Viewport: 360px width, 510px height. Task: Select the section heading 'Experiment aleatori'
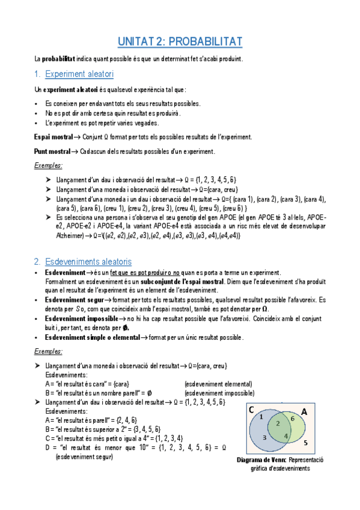(79, 74)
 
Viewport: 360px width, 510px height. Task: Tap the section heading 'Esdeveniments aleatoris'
(88, 262)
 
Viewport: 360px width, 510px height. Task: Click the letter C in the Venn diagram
(251, 410)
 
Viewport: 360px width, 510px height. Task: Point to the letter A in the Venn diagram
(304, 412)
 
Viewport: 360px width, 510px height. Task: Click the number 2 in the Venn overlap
(278, 423)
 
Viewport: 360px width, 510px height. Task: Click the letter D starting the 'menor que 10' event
(47, 447)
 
